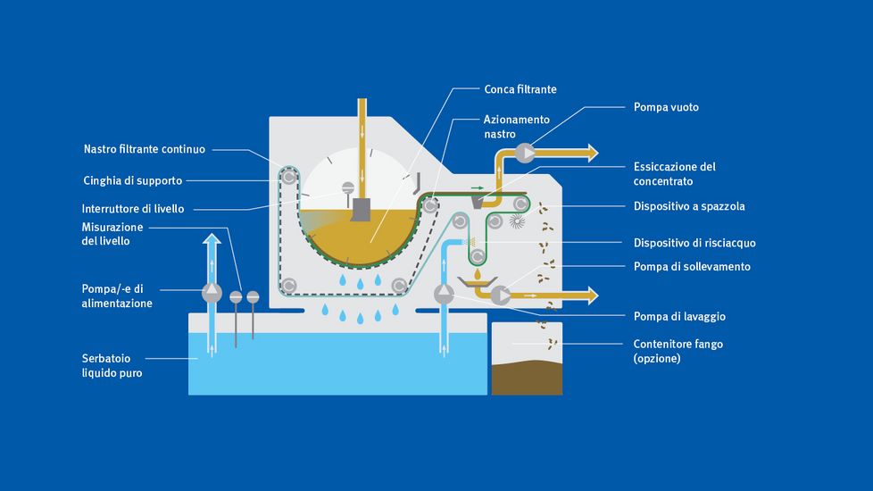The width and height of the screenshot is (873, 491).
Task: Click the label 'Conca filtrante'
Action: coord(520,89)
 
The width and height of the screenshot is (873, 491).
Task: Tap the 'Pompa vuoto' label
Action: coord(666,107)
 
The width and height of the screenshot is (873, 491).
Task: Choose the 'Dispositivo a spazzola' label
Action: coord(688,206)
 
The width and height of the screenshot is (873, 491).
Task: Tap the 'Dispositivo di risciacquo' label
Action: coord(694,242)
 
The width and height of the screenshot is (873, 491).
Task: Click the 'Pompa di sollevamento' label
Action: coord(692,266)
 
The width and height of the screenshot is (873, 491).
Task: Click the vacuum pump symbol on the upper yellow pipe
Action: coord(524,152)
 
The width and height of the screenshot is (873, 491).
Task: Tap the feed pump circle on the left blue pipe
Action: coord(212,291)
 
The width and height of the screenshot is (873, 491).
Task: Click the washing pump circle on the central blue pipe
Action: coord(444,294)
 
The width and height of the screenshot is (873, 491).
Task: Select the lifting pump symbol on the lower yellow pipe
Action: coord(501,294)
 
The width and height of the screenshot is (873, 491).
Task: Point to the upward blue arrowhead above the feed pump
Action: coord(212,239)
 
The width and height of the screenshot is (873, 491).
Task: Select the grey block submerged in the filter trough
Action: coord(362,211)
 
